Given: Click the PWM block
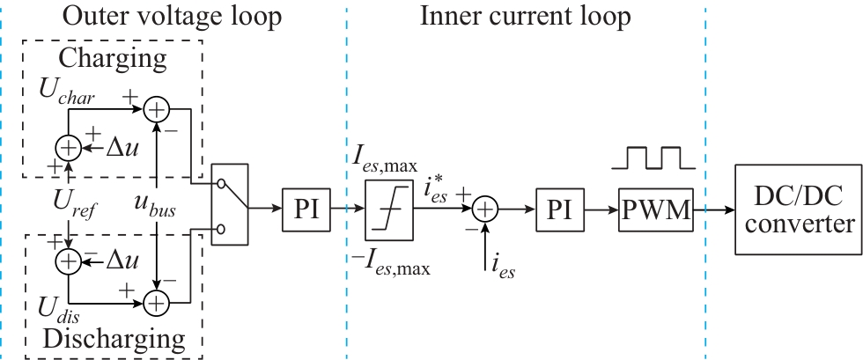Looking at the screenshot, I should click(x=655, y=209).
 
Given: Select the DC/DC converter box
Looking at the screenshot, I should click(x=793, y=209).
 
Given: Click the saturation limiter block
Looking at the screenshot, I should click(x=387, y=209).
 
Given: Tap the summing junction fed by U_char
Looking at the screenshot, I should click(x=156, y=109).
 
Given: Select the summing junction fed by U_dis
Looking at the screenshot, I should click(x=156, y=302).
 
